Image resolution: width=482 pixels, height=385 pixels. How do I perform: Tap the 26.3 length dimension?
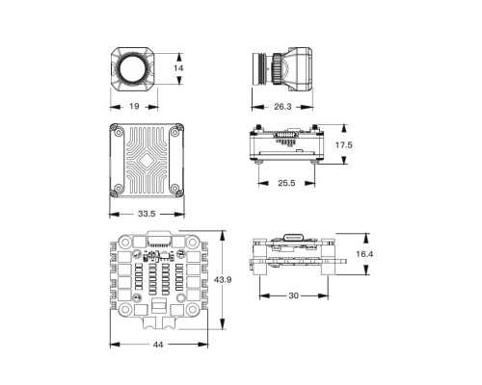click(281, 107)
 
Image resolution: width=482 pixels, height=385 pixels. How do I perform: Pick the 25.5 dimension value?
click(287, 182)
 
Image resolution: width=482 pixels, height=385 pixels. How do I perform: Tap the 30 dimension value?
click(292, 297)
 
